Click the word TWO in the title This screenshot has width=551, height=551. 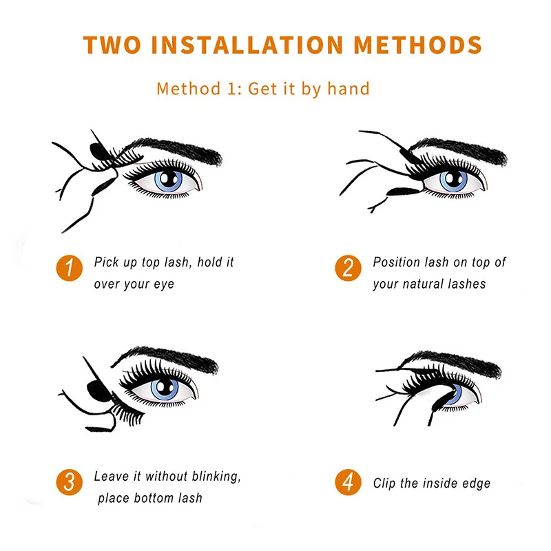click(112, 45)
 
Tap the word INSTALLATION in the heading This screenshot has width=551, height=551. click(247, 45)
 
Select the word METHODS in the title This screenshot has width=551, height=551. click(418, 45)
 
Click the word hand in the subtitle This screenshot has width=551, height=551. click(349, 88)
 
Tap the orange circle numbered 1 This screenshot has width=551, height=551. click(70, 268)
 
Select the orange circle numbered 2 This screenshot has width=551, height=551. click(348, 268)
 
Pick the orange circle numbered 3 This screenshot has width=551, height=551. click(70, 482)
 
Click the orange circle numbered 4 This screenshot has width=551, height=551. click(348, 482)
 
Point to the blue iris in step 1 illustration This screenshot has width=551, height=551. click(168, 180)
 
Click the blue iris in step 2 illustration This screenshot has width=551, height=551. click(454, 180)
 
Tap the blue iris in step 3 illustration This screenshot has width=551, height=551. click(165, 388)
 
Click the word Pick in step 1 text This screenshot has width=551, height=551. click(105, 262)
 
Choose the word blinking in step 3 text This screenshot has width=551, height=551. click(216, 477)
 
